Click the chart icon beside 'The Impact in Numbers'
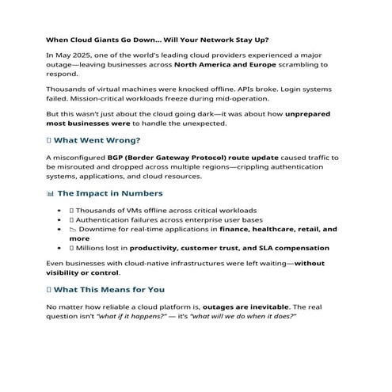click(x=51, y=193)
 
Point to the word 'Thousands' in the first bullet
click(x=100, y=211)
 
